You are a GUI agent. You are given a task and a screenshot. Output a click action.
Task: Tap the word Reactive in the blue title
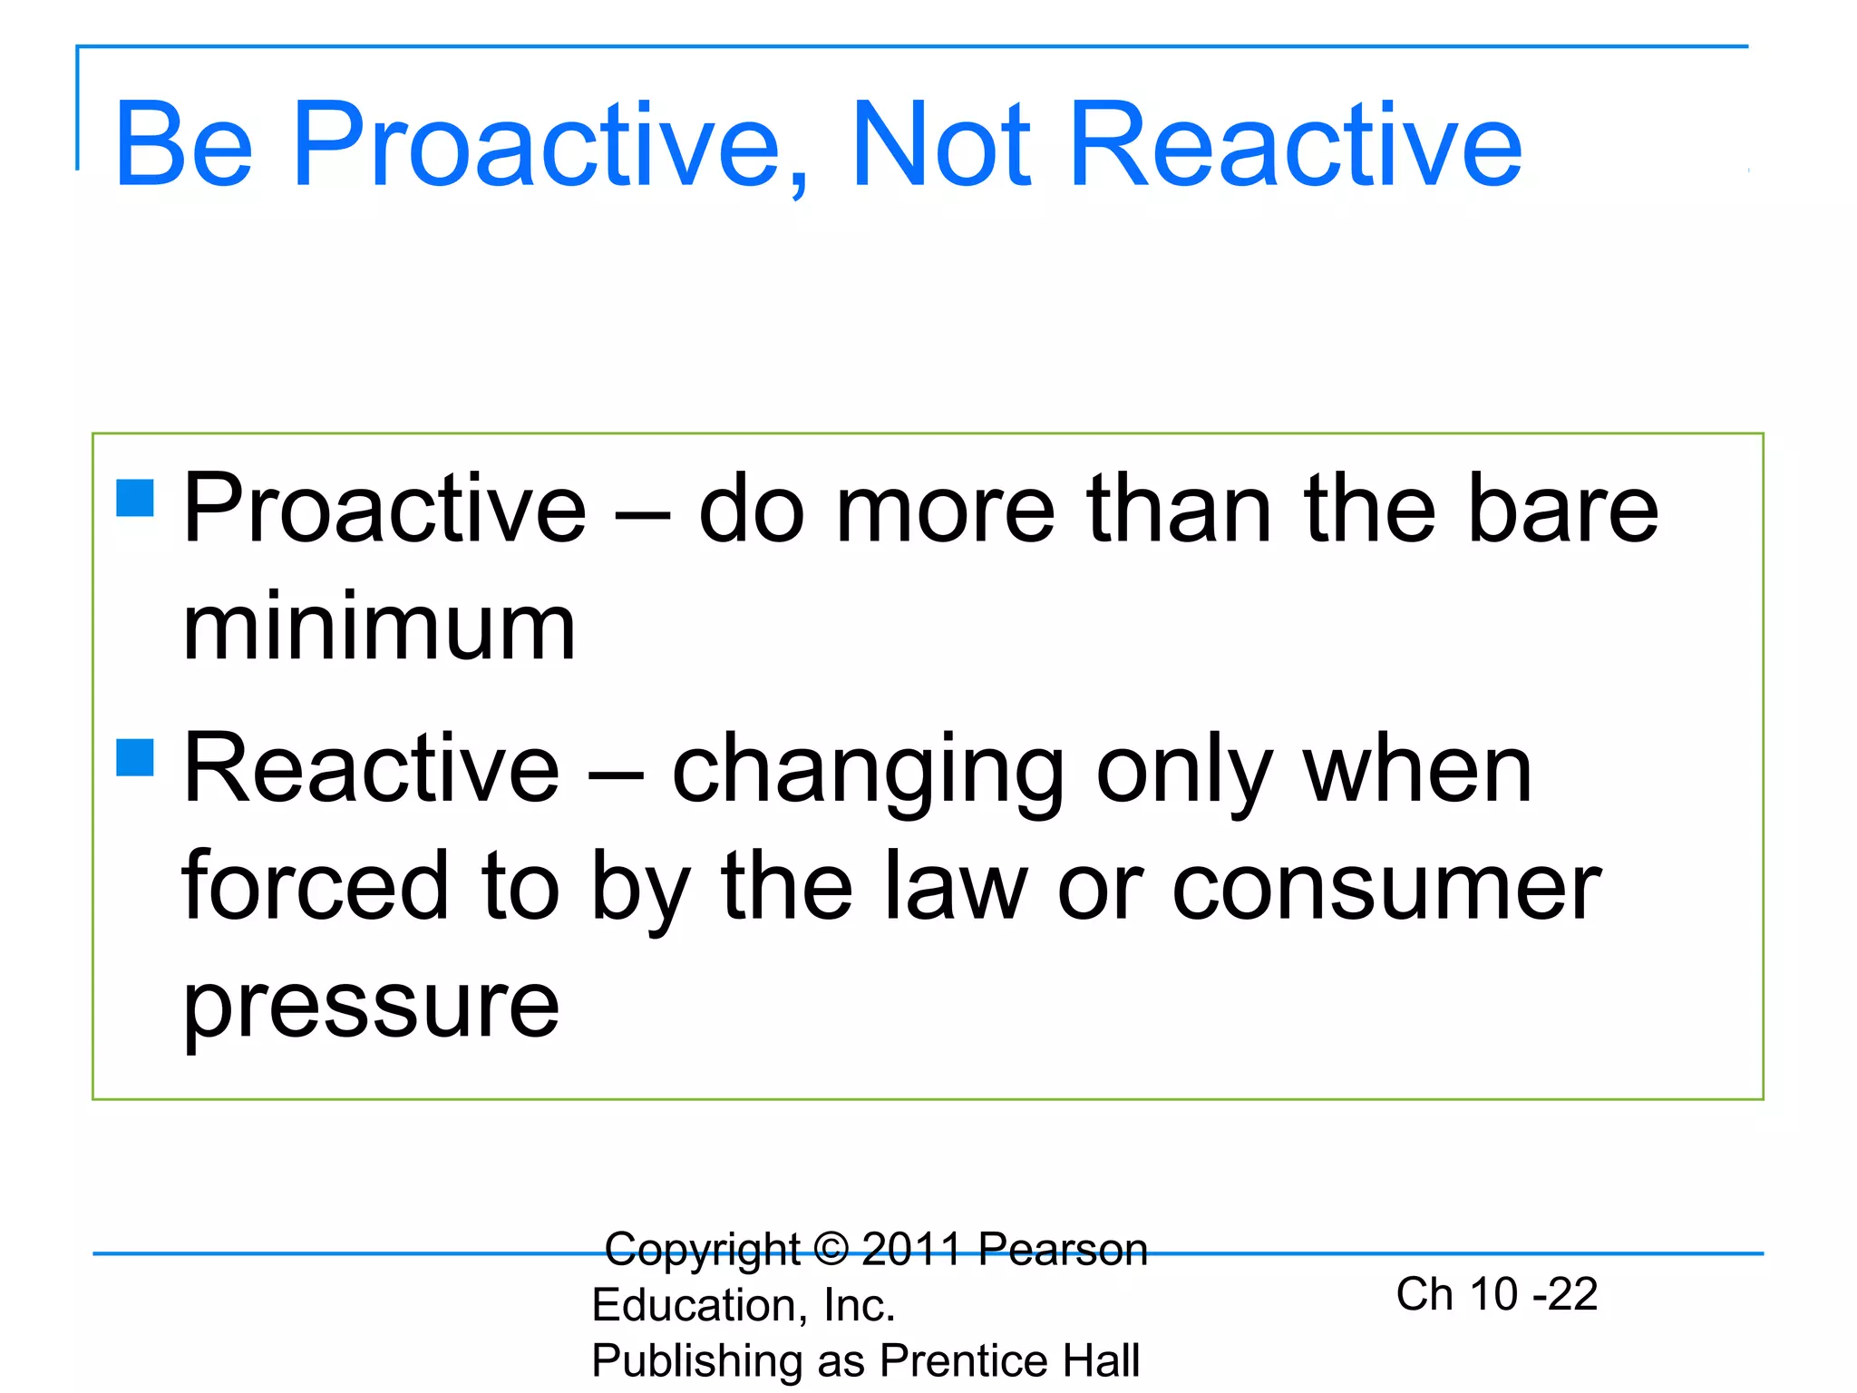click(x=1297, y=145)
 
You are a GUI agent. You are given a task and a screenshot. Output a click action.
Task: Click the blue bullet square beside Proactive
click(x=135, y=498)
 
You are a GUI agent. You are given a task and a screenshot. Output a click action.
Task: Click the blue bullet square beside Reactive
click(x=135, y=757)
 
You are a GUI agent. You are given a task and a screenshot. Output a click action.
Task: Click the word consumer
click(x=1386, y=889)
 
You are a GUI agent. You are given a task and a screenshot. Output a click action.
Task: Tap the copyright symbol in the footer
click(x=831, y=1249)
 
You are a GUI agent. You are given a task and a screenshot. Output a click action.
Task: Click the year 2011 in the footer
click(x=911, y=1250)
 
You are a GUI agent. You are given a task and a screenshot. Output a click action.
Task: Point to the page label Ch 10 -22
click(x=1496, y=1294)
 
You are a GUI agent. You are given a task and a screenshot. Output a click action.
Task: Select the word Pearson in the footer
click(x=1063, y=1250)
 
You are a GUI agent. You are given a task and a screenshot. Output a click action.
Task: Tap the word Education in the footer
click(x=694, y=1306)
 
